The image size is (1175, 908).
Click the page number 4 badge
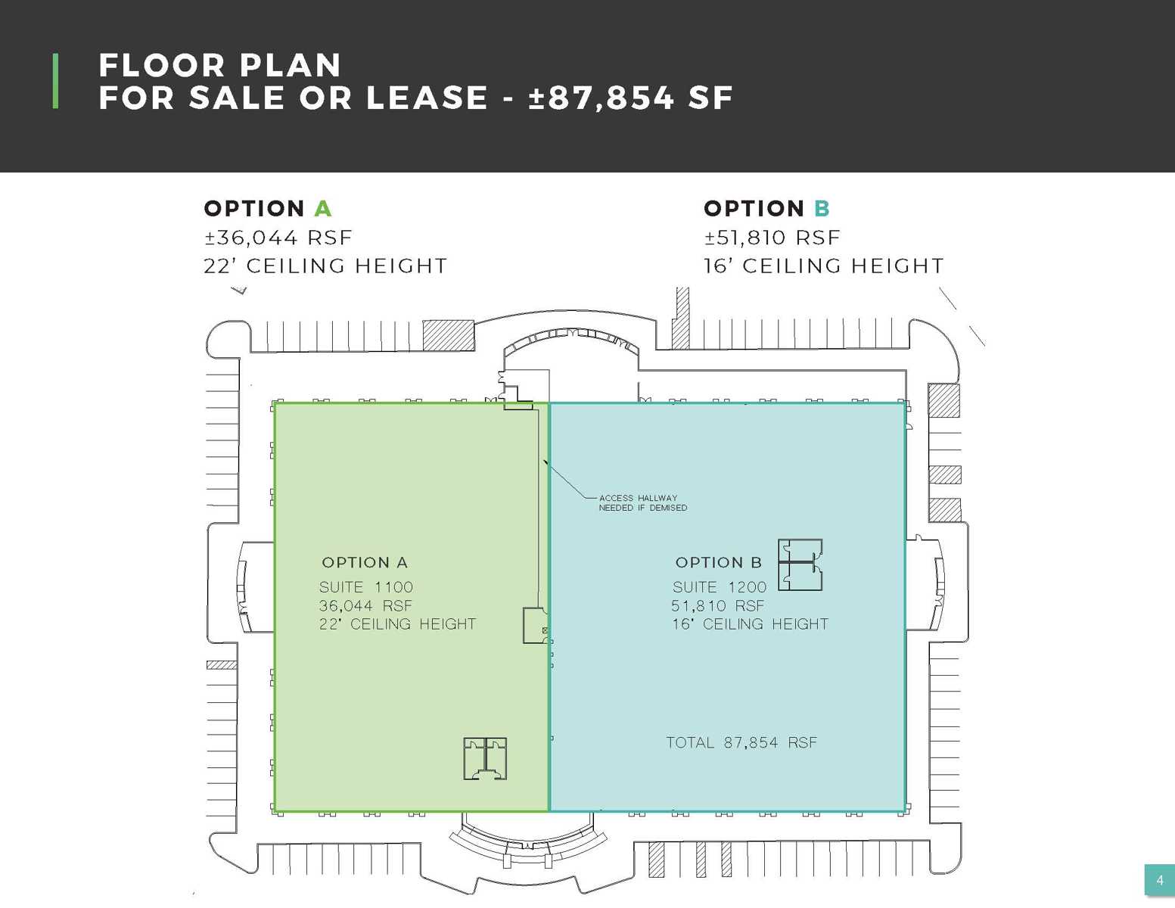[1159, 881]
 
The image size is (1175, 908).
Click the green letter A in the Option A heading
[323, 209]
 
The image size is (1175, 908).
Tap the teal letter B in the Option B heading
[822, 209]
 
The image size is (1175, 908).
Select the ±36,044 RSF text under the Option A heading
[278, 238]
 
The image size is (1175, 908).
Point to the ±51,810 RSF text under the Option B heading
[772, 238]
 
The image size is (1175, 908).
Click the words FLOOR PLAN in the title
[220, 65]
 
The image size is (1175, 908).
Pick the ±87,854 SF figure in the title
[631, 98]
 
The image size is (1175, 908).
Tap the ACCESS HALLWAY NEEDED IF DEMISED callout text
[642, 503]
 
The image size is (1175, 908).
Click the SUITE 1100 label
[366, 587]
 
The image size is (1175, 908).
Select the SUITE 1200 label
[720, 587]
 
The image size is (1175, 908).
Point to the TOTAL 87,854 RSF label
[741, 742]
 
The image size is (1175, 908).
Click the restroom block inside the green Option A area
[485, 758]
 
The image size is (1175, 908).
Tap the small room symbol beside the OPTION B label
[800, 564]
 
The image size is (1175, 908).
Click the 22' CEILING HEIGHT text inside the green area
[397, 624]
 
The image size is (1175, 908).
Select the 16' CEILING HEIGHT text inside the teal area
[750, 624]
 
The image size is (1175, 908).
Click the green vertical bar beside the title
[55, 81]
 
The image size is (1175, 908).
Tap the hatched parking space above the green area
[449, 335]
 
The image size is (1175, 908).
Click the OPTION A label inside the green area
[365, 562]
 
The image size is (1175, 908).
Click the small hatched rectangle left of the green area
[222, 665]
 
